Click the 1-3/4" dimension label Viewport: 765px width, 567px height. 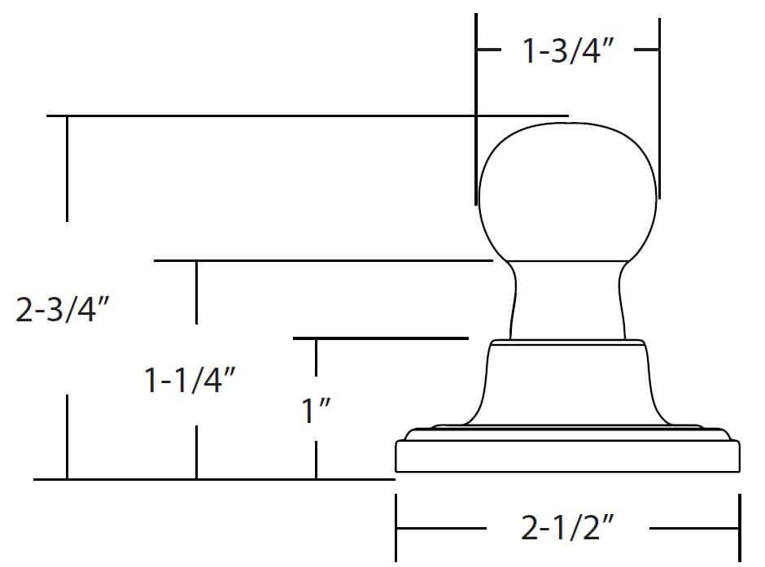coord(567,50)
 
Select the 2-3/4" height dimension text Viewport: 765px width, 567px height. coord(63,309)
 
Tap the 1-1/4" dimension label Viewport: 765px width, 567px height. coord(190,380)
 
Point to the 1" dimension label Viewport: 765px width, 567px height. coord(316,411)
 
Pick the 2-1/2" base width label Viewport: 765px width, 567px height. coord(567,527)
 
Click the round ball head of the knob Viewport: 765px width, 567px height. coord(567,193)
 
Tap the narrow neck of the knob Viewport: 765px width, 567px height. coord(567,300)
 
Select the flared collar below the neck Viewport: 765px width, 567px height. coord(567,382)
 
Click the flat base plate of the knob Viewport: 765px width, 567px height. coord(567,451)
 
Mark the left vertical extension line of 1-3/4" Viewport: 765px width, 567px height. coord(476,109)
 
